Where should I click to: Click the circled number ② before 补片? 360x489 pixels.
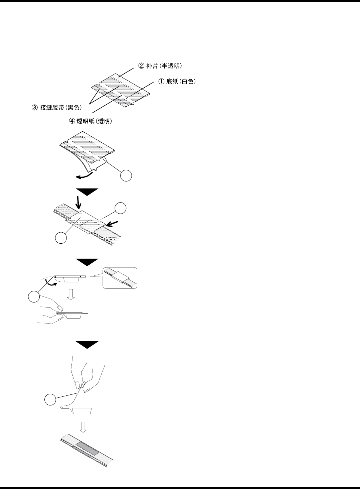141,66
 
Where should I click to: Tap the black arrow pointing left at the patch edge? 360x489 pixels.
113,222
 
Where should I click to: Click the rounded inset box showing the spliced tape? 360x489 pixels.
120,278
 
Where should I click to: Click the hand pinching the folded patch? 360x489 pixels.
50,314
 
